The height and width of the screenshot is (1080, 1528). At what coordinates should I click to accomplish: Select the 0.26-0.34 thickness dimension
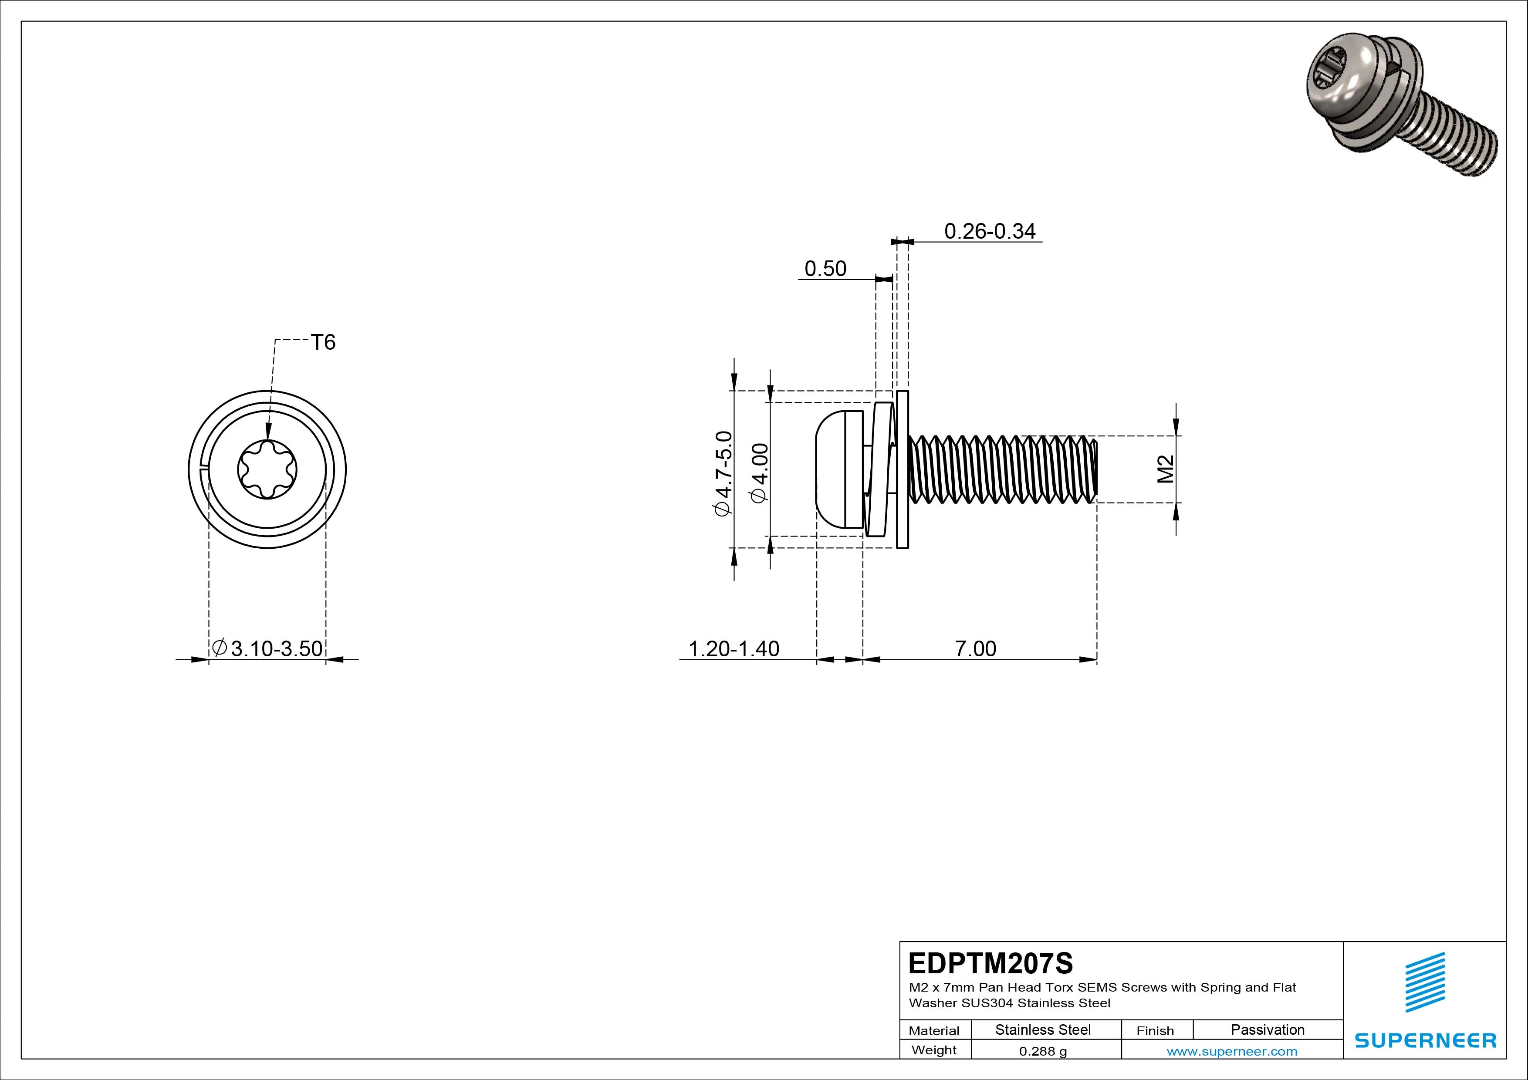(x=990, y=232)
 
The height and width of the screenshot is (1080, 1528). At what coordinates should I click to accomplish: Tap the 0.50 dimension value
(x=825, y=269)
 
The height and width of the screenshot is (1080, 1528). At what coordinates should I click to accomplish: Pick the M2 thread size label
(x=1165, y=469)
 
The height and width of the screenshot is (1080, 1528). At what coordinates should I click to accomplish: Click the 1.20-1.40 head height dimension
(x=734, y=649)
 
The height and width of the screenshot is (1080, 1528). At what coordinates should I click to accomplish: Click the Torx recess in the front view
(x=267, y=470)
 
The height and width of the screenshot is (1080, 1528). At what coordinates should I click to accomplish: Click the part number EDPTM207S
(x=990, y=963)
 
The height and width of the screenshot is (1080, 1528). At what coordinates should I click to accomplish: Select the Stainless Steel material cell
(x=1042, y=1030)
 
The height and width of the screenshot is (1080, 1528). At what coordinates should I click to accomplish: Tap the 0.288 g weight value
(x=1042, y=1051)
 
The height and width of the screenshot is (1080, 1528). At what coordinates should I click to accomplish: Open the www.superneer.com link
(x=1231, y=1051)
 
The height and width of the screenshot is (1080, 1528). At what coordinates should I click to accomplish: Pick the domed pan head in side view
(x=832, y=470)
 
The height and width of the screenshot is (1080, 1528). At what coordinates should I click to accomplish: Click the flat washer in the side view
(x=903, y=470)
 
